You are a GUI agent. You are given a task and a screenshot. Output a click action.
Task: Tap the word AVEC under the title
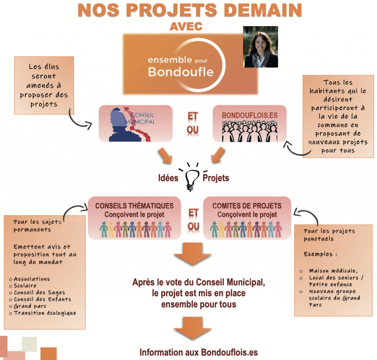187,27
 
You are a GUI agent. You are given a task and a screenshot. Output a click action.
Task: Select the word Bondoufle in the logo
180,71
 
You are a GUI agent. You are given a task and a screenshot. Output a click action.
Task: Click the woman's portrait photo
260,47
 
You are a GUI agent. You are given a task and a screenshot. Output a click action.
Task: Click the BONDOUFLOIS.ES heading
250,115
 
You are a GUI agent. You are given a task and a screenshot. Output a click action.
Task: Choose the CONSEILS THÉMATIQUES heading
134,206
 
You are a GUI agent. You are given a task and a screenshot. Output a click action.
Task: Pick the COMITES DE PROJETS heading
247,206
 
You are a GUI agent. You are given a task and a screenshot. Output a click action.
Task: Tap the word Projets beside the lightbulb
216,178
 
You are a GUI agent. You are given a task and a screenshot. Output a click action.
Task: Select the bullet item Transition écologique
45,313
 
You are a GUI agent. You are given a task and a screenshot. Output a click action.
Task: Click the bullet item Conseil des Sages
39,293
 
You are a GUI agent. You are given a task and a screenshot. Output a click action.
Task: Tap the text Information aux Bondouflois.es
198,352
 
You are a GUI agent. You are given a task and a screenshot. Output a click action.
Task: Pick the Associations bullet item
32,279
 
